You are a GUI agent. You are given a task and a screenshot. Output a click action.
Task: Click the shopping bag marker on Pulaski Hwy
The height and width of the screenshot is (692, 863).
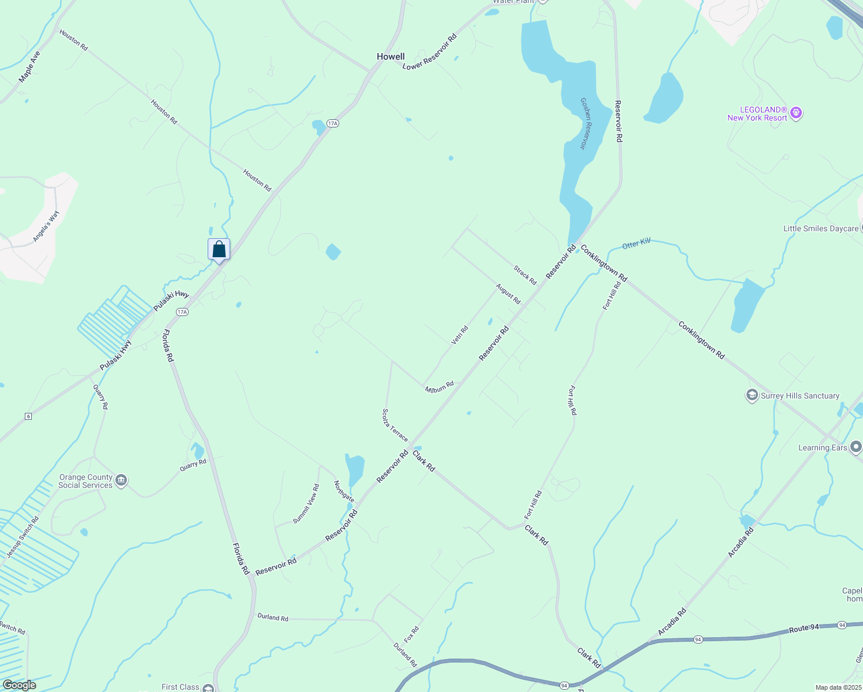(x=219, y=250)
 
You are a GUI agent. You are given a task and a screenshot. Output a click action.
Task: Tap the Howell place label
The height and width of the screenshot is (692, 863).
(x=391, y=57)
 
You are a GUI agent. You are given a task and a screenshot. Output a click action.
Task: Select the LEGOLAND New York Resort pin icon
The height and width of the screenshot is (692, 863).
(x=796, y=112)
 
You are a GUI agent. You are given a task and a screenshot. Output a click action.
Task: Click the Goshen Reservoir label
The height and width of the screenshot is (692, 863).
(x=586, y=123)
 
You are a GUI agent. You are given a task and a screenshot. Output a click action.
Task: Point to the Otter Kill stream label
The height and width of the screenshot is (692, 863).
(x=636, y=245)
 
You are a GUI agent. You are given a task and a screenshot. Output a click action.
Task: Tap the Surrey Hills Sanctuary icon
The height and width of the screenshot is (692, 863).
(x=752, y=396)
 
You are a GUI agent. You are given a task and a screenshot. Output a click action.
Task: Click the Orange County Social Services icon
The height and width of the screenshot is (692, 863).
(x=121, y=480)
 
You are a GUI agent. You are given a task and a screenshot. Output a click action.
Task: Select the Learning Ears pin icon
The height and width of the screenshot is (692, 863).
(x=856, y=447)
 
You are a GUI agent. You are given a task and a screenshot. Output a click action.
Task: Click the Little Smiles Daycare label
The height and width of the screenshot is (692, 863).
(x=820, y=229)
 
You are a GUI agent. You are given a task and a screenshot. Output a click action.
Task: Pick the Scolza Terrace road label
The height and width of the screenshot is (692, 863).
(x=395, y=425)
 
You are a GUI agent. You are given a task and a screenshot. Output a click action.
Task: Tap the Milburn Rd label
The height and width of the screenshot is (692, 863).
(x=440, y=387)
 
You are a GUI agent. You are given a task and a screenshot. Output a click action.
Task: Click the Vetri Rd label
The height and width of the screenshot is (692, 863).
(x=459, y=336)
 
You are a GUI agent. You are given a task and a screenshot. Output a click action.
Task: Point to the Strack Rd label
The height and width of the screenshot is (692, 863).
(x=525, y=275)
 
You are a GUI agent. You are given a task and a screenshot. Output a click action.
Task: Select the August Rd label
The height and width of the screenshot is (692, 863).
(x=508, y=294)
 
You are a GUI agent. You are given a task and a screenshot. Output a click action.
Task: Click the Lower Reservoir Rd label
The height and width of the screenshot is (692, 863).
(x=429, y=52)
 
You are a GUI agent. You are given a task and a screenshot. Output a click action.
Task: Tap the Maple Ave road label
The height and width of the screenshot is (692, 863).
(x=29, y=67)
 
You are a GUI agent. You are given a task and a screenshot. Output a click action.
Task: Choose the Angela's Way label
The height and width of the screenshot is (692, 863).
(x=46, y=226)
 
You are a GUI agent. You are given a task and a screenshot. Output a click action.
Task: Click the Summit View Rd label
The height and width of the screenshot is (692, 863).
(x=306, y=503)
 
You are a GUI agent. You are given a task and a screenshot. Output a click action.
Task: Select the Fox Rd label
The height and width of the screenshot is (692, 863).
(x=411, y=634)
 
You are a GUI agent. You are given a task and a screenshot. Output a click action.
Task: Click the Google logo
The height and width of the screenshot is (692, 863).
(x=19, y=685)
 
